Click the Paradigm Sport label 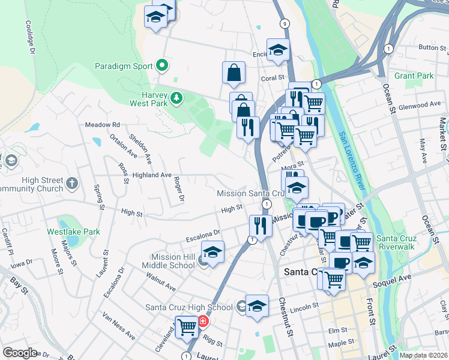123,65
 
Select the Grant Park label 414,76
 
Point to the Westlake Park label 74,231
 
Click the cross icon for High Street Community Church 71,184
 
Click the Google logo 20,352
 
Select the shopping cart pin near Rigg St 187,326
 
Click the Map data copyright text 423,355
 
